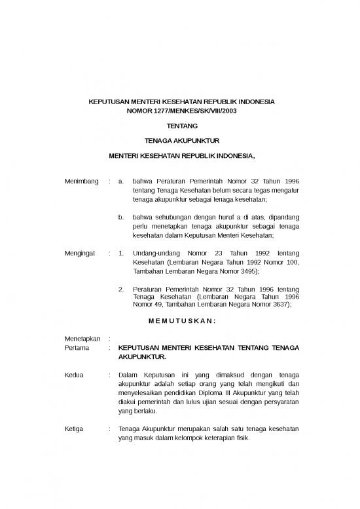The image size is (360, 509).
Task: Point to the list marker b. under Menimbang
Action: [x=120, y=216]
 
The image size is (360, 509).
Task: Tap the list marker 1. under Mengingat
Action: [x=120, y=252]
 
